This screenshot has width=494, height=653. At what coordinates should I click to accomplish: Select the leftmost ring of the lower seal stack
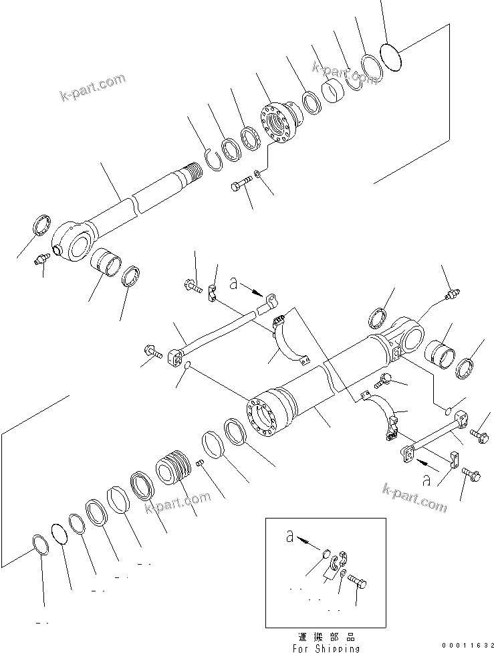click(41, 545)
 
